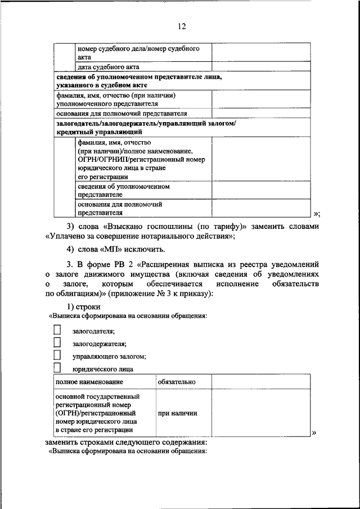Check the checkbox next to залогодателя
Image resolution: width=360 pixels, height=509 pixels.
[x=57, y=330]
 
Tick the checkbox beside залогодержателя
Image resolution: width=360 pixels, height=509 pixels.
[x=57, y=343]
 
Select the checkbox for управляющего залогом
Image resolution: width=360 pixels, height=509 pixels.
[x=57, y=355]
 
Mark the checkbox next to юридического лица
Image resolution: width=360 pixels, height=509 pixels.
[x=57, y=368]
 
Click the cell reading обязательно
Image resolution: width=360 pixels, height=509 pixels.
[x=177, y=382]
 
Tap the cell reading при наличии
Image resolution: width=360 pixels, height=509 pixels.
[x=177, y=413]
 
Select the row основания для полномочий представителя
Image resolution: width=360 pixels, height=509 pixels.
[x=121, y=112]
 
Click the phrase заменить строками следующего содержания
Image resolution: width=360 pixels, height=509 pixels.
[x=127, y=442]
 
